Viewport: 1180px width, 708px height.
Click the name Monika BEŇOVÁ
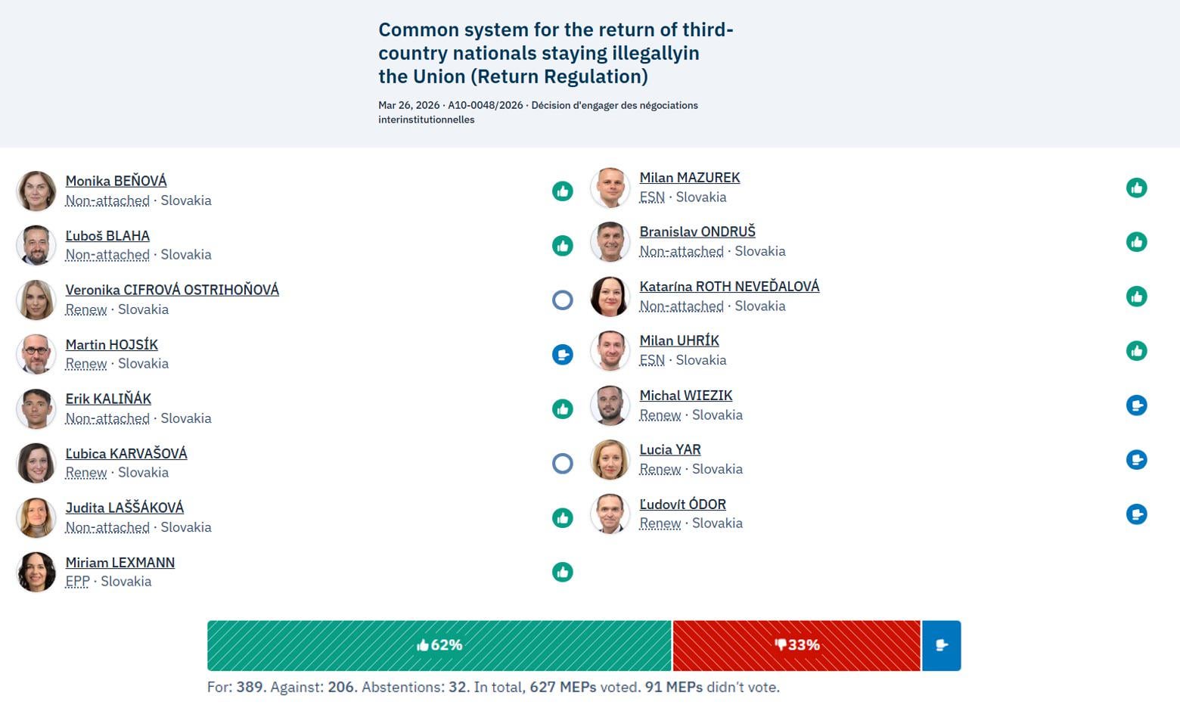tap(116, 181)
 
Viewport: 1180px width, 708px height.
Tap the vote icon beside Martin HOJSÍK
tap(562, 354)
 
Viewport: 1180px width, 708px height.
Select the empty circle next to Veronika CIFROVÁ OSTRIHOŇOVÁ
tap(562, 300)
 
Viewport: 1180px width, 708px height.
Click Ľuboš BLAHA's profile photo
tap(36, 245)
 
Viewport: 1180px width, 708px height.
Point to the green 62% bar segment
tap(439, 645)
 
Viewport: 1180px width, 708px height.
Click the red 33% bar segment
tap(796, 645)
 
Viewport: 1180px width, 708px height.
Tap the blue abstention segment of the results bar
tap(941, 645)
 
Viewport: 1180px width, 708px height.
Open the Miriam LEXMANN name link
tap(120, 562)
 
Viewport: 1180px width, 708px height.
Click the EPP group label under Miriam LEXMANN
tap(77, 581)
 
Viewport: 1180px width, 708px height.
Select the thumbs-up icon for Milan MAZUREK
tap(1136, 188)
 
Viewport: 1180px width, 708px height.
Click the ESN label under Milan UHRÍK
tap(651, 360)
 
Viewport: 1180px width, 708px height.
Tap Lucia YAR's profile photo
tap(610, 459)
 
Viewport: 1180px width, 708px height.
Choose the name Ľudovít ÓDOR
tap(682, 504)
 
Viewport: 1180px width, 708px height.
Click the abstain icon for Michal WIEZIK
tap(1136, 405)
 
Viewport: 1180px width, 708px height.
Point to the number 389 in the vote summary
tap(250, 687)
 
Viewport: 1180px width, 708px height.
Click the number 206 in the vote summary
tap(341, 687)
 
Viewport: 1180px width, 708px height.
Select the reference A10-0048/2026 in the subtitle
tap(485, 105)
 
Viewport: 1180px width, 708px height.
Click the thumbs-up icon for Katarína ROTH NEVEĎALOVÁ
tap(1136, 297)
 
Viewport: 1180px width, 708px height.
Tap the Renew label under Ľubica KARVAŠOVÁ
tap(85, 472)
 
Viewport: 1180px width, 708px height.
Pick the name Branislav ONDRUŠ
tap(697, 231)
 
